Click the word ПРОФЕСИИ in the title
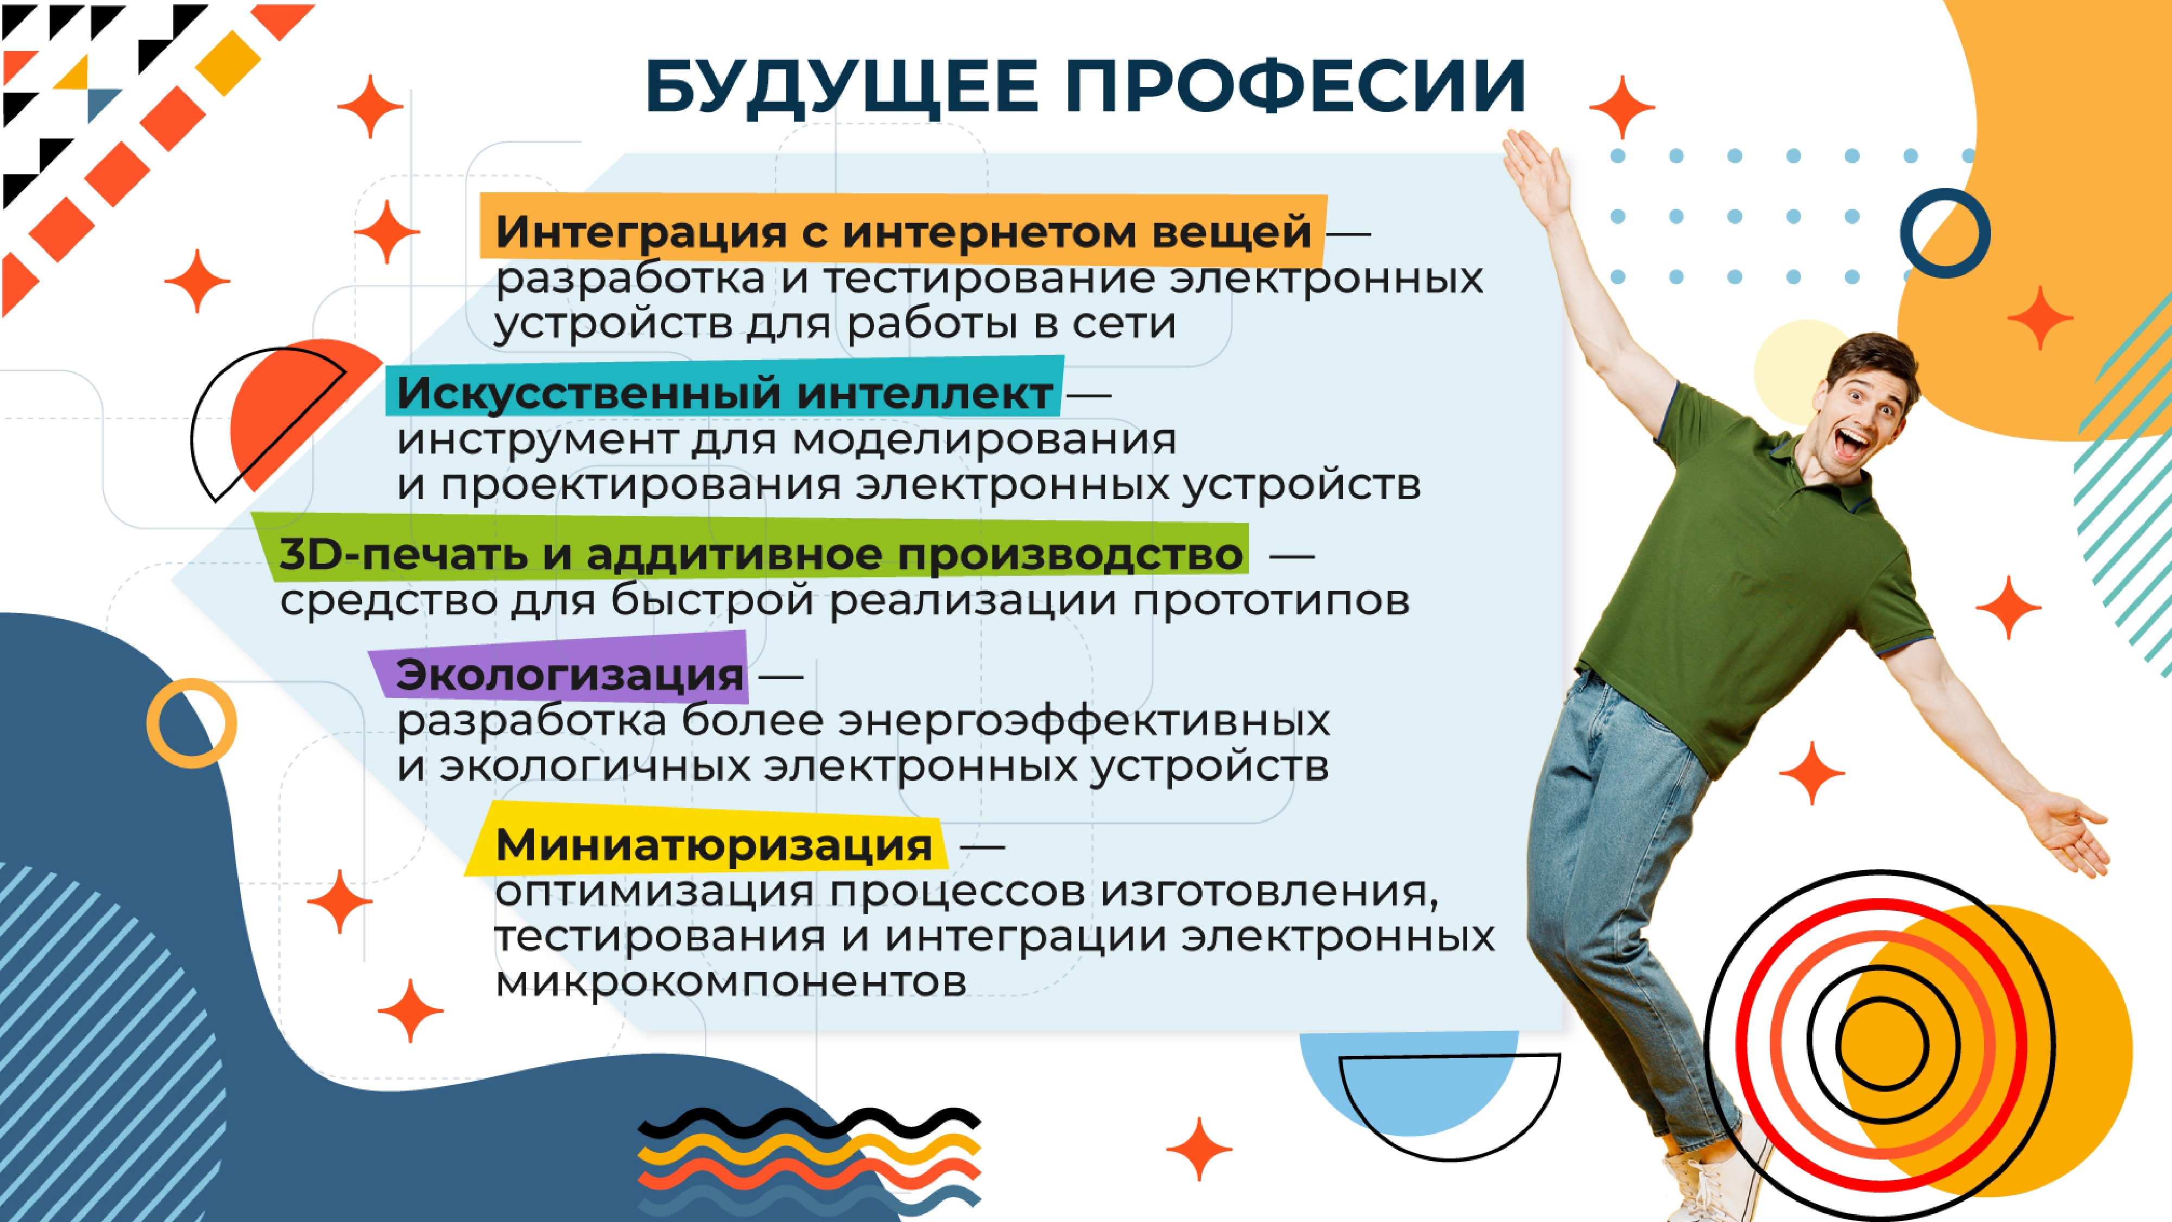(1295, 85)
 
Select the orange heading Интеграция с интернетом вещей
(903, 231)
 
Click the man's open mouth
(1852, 443)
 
